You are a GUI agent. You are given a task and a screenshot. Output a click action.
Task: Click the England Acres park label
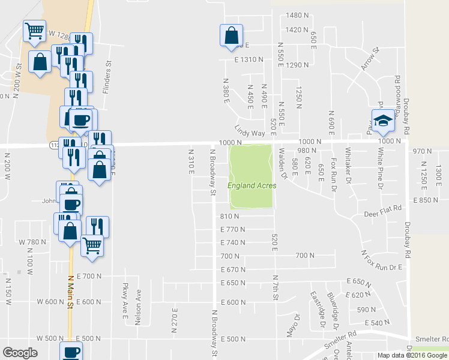point(252,185)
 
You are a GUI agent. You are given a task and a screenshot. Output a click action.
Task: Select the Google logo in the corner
point(20,353)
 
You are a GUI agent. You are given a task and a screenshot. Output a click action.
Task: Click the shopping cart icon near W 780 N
point(92,245)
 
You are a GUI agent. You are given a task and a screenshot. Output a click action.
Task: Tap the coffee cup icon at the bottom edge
point(71,352)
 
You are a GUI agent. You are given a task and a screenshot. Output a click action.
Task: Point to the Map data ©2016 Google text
point(412,355)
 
